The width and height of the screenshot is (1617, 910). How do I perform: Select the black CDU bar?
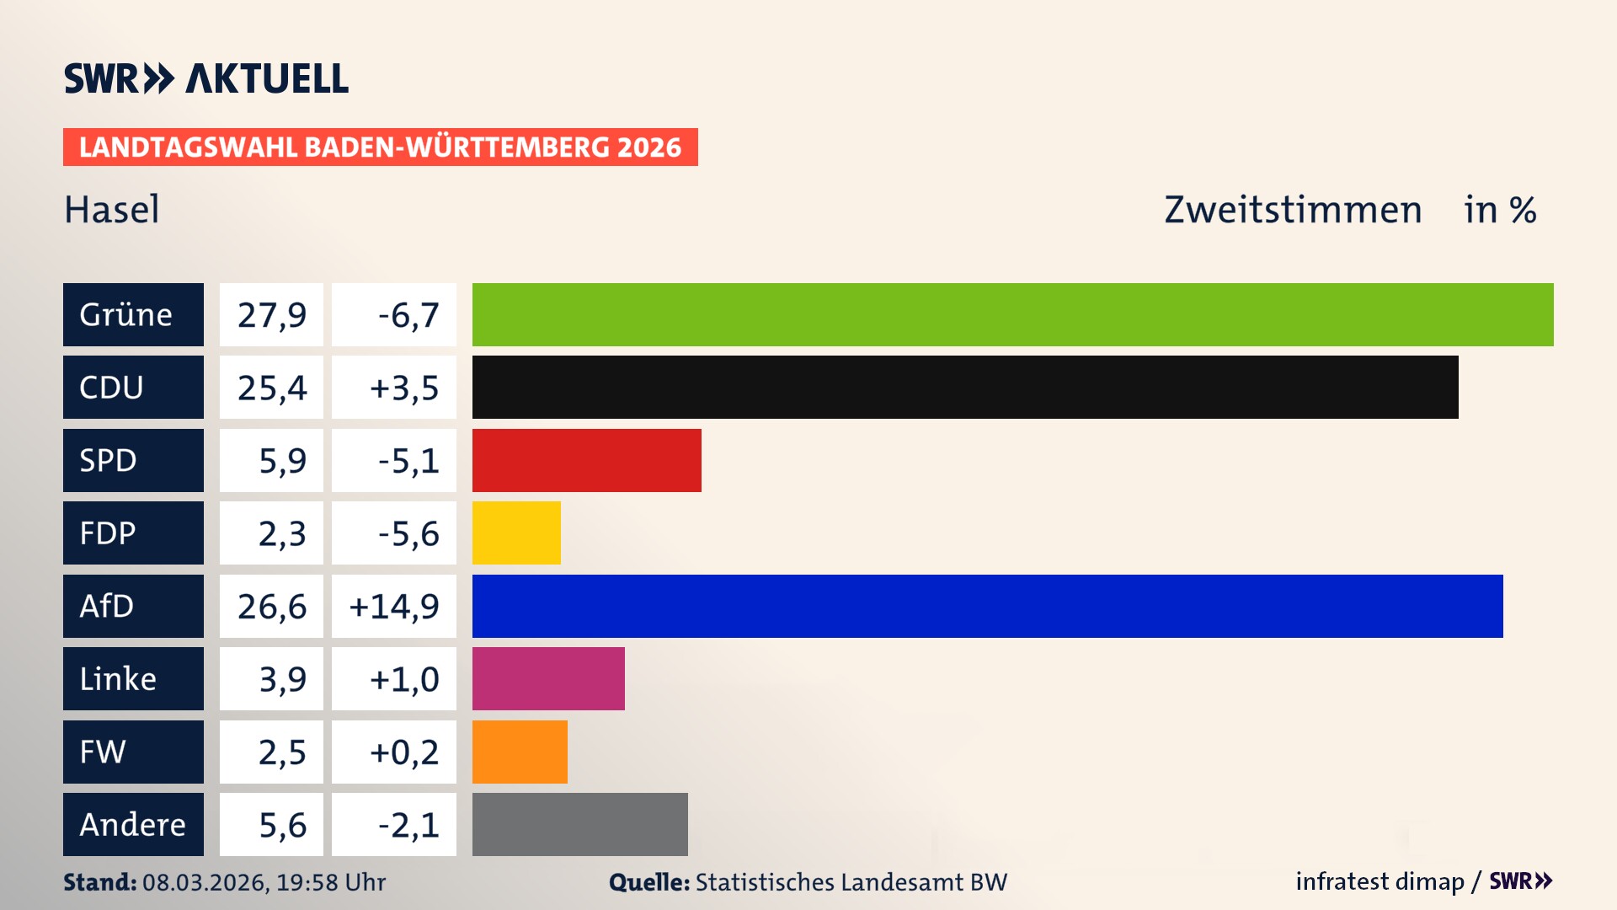coord(964,387)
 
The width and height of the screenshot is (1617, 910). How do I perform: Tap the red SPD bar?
coord(586,460)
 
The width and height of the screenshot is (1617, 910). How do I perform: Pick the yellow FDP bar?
coord(515,533)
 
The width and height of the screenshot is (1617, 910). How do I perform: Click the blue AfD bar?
coord(987,606)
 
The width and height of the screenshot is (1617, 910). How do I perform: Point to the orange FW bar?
coord(519,752)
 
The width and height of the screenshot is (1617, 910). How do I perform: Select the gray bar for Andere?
coord(579,824)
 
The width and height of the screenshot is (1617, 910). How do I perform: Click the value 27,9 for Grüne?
coord(271,314)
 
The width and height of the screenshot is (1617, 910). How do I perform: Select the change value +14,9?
coord(394,606)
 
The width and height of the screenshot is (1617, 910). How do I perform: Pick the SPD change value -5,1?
coord(408,460)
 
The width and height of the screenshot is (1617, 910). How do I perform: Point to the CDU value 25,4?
coord(271,387)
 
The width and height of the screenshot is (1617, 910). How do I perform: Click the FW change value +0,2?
coord(404,752)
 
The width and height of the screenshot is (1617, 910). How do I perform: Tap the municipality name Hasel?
coord(111,209)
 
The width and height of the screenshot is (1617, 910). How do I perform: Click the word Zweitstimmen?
coord(1293,209)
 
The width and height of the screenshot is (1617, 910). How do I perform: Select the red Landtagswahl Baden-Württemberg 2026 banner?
coord(380,147)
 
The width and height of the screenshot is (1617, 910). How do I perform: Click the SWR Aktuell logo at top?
coord(205,78)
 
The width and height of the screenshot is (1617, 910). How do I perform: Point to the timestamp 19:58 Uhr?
coord(331,882)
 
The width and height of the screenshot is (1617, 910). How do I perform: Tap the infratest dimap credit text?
coord(1380,881)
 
